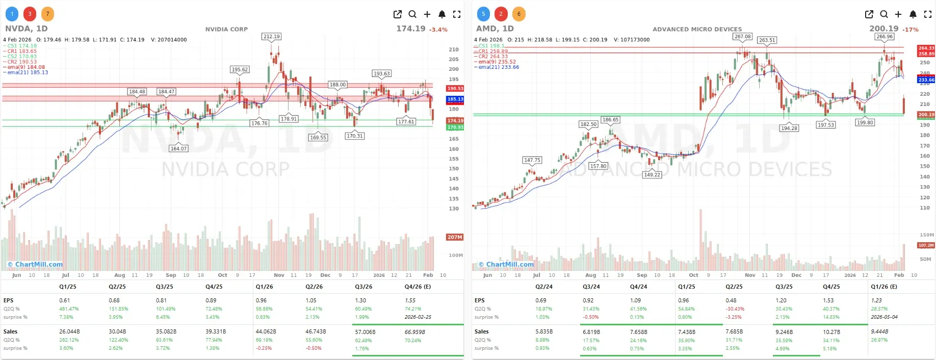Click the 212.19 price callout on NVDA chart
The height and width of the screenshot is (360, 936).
(x=272, y=37)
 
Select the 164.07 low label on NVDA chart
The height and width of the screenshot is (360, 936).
(x=178, y=148)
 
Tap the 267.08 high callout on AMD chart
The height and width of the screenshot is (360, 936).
(x=742, y=37)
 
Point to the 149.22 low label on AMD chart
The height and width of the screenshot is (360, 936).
(x=652, y=174)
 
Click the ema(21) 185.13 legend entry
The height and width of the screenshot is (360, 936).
(x=28, y=72)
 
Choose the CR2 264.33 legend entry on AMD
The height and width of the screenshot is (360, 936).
(x=492, y=57)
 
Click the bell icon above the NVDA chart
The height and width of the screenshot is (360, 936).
(x=442, y=14)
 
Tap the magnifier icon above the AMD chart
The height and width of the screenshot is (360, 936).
(x=883, y=14)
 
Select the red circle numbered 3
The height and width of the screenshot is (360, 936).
(x=30, y=14)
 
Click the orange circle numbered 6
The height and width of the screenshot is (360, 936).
(x=518, y=14)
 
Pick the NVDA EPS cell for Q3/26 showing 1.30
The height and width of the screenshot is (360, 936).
(x=360, y=300)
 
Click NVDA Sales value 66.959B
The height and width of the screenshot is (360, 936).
(x=415, y=332)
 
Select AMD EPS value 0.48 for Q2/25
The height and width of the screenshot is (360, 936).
(x=731, y=300)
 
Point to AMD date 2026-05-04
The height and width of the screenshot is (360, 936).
(x=885, y=317)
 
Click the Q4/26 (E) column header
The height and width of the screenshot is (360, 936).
(x=418, y=287)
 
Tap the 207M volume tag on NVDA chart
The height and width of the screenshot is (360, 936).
(x=455, y=237)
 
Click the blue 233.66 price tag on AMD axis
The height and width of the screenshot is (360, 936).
(x=926, y=80)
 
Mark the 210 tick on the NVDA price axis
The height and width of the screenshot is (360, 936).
(x=453, y=49)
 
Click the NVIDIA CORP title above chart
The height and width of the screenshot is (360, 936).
(x=226, y=29)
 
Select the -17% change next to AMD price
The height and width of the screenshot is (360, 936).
(x=911, y=30)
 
